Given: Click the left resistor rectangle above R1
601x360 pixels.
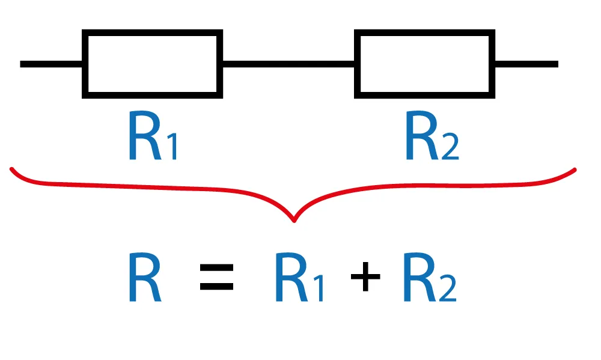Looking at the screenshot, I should [153, 64].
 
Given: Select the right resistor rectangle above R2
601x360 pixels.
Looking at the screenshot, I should [425, 64].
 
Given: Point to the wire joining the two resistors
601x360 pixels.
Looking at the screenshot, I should [288, 64].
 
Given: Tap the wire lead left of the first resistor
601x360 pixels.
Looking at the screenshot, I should [51, 64].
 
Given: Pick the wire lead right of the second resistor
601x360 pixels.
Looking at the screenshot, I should [526, 64].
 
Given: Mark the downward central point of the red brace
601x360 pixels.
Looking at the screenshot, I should [294, 220].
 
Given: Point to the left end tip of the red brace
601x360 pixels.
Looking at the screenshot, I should [12, 170].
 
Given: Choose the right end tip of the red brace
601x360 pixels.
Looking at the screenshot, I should [575, 170].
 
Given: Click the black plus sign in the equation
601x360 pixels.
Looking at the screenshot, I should [366, 279].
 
